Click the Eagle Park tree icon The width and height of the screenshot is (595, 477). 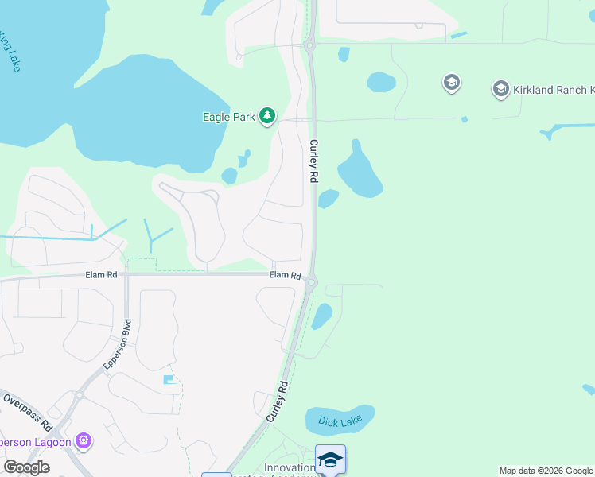click(267, 117)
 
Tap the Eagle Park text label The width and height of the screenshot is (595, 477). click(228, 117)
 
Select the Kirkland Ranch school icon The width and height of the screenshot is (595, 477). click(501, 88)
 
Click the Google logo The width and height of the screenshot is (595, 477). click(26, 467)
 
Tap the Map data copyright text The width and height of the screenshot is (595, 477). click(546, 471)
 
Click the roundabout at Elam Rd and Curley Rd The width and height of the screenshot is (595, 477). click(312, 281)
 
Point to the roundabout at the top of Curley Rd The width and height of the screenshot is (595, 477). click(309, 45)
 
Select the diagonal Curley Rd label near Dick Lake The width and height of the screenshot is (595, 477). click(275, 401)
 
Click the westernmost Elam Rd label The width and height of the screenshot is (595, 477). click(101, 275)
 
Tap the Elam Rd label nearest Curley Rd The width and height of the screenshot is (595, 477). click(285, 275)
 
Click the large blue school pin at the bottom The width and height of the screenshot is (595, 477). click(330, 459)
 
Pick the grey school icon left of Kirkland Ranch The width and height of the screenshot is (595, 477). click(451, 83)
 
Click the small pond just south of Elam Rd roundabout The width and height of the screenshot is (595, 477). click(321, 316)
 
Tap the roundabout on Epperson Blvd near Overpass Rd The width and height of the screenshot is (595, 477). click(80, 394)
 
